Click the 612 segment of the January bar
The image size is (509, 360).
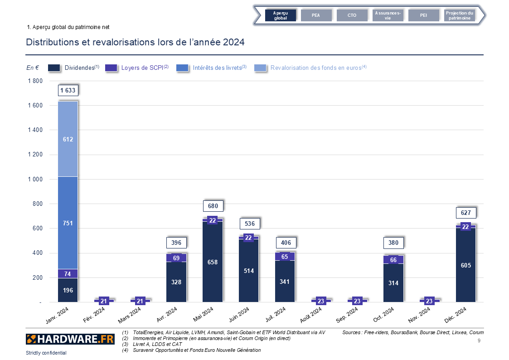tap(68, 139)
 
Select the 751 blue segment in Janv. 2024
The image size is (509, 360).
tap(68, 223)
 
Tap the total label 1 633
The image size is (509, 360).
tap(68, 90)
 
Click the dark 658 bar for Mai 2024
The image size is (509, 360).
tap(213, 262)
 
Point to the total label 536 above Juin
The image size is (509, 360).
tap(249, 224)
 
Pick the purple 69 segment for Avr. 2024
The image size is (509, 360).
tap(176, 258)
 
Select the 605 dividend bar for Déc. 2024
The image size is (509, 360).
tap(465, 265)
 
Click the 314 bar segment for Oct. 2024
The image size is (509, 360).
tap(393, 282)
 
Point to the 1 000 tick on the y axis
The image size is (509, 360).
tap(34, 179)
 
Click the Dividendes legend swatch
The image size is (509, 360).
tap(54, 68)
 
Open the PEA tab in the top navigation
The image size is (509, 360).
tap(316, 15)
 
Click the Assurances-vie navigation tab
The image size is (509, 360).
tap(388, 15)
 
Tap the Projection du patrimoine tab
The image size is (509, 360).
tap(459, 15)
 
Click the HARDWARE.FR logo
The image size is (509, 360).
tap(70, 339)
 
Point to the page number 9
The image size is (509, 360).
tap(479, 340)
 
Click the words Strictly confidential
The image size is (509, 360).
tap(46, 353)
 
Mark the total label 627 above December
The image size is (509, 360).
tap(465, 213)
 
